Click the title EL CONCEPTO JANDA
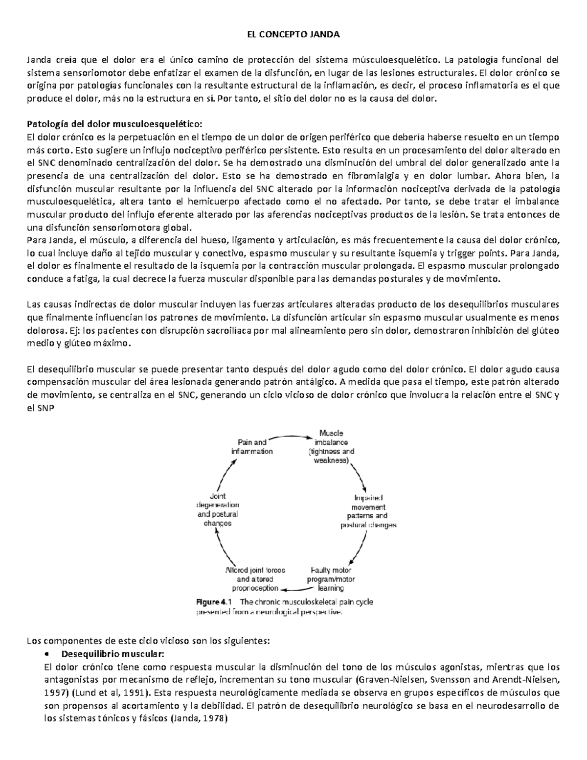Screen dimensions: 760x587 pyautogui.click(x=293, y=35)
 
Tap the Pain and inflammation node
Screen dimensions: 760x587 pyautogui.click(x=252, y=447)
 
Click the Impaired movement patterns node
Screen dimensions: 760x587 pyautogui.click(x=369, y=511)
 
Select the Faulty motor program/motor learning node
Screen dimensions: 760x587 pyautogui.click(x=331, y=579)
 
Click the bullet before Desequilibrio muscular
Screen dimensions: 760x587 pyautogui.click(x=46, y=654)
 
